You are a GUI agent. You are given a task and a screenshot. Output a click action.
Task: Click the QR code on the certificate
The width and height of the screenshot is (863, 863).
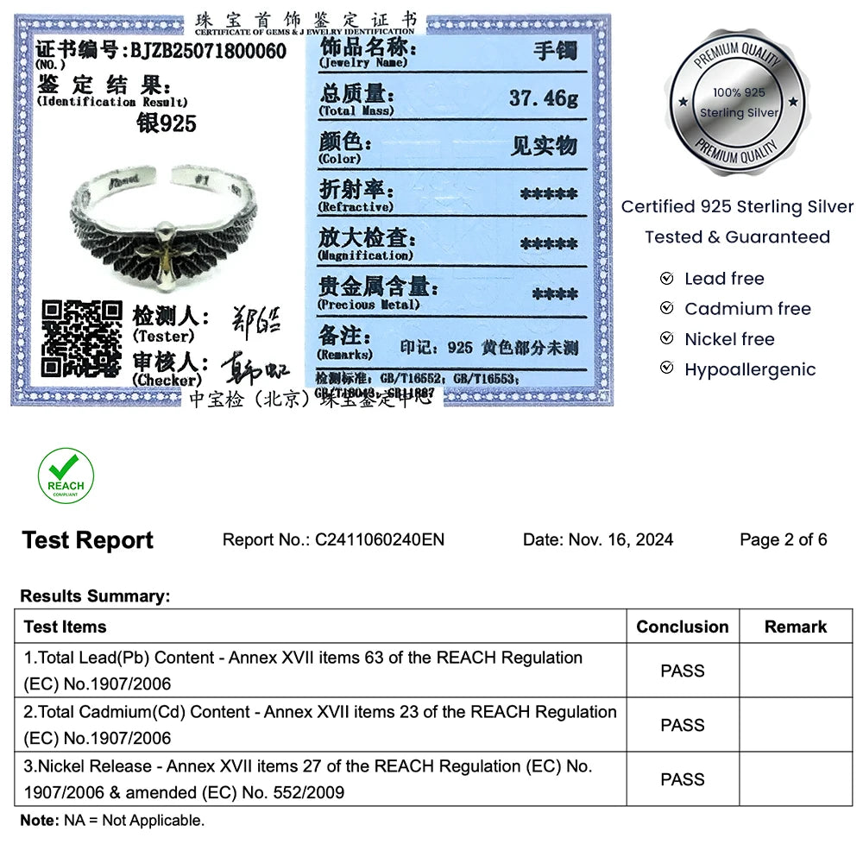tap(82, 340)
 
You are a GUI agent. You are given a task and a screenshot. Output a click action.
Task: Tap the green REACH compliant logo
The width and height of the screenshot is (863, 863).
tap(66, 476)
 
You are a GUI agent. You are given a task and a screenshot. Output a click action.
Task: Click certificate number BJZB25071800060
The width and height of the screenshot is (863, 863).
tap(208, 51)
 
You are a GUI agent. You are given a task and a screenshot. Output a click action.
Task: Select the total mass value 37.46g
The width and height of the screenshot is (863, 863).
tap(544, 98)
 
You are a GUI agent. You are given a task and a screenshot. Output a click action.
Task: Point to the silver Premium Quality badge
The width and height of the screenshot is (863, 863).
tap(739, 103)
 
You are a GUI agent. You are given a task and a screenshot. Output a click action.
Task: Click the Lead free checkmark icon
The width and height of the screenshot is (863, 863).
tap(666, 279)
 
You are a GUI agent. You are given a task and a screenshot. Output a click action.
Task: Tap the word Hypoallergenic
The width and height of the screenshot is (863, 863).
tap(749, 369)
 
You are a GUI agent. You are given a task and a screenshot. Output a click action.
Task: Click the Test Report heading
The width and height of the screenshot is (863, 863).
tap(87, 541)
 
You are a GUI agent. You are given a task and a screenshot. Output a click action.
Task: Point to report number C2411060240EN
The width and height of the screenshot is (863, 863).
tap(380, 540)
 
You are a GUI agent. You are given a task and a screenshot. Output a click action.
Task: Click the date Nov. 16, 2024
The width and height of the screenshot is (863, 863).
tap(620, 540)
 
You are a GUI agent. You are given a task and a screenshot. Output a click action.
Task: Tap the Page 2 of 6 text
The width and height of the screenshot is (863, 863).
tap(783, 540)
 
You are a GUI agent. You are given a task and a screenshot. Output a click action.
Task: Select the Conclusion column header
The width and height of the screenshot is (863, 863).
tap(682, 627)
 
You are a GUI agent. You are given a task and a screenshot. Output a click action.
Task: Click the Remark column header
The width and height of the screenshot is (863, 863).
tap(795, 627)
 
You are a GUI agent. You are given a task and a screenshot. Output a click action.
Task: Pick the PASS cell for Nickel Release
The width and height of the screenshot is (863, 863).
tap(682, 779)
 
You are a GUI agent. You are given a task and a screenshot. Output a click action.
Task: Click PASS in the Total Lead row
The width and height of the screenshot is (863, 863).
tap(682, 671)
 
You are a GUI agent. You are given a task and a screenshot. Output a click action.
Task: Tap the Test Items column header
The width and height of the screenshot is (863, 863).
tap(66, 627)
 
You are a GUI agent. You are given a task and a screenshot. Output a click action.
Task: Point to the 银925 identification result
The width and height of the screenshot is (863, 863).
tap(167, 123)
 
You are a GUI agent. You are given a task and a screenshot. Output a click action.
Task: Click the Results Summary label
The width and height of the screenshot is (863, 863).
tap(95, 596)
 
